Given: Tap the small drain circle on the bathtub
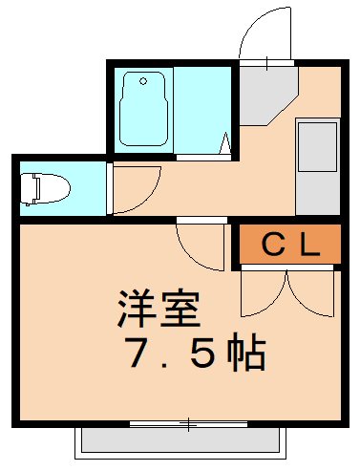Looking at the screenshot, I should pyautogui.click(x=145, y=81).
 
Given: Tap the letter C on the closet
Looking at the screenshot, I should pyautogui.click(x=272, y=246).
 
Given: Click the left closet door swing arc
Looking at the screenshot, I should pyautogui.click(x=259, y=291).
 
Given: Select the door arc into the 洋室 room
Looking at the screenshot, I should pyautogui.click(x=197, y=247).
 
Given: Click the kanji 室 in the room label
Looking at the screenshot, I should pyautogui.click(x=181, y=310).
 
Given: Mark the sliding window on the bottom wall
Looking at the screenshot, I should pyautogui.click(x=189, y=421).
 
